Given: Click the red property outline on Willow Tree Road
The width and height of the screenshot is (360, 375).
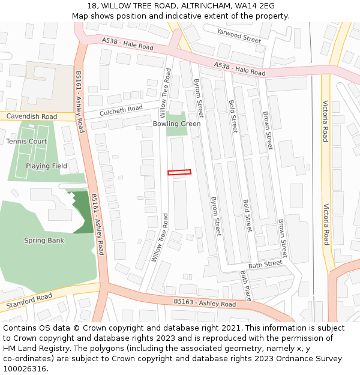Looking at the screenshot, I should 179,172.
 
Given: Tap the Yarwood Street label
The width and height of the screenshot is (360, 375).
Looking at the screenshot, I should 239,36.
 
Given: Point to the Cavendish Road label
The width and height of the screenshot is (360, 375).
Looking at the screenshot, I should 32,116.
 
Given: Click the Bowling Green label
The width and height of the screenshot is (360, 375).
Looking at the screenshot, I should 176,124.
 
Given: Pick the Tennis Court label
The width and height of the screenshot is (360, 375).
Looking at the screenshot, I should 26,141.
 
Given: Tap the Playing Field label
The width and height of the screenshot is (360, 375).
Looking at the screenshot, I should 46,166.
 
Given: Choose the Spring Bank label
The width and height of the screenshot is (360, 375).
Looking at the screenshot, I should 44,241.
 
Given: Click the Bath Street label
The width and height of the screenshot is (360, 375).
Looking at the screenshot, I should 265,263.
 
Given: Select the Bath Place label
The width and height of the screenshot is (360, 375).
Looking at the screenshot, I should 245,285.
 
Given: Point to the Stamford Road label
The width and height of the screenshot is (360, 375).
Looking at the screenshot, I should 29,301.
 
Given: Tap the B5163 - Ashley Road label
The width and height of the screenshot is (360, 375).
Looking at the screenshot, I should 205,304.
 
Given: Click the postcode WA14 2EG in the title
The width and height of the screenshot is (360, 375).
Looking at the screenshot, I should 254,5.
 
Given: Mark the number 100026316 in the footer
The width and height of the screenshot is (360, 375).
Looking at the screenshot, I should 26,368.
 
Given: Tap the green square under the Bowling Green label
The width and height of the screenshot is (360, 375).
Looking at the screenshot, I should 176,132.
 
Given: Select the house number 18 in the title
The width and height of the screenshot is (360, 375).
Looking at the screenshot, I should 92,5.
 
